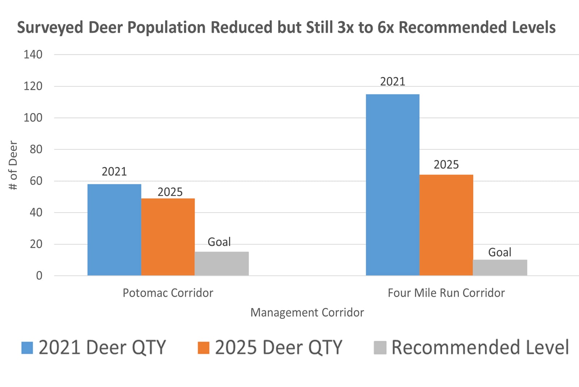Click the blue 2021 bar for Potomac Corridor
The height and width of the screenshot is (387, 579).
(x=114, y=230)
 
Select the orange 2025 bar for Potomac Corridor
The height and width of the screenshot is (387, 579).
(x=168, y=237)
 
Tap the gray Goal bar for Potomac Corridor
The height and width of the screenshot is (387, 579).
(x=221, y=263)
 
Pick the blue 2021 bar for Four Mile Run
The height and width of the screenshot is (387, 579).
(x=393, y=185)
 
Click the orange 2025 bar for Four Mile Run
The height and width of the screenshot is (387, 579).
(x=446, y=225)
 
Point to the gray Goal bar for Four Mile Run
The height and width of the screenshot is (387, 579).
(x=500, y=267)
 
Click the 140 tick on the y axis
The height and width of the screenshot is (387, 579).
(x=33, y=55)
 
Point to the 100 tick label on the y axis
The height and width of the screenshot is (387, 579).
(x=33, y=118)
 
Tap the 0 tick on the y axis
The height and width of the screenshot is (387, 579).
(x=39, y=276)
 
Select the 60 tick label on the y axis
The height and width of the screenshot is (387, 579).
(x=36, y=181)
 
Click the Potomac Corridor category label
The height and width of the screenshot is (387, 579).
(x=168, y=293)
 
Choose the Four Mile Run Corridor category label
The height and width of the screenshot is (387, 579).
(x=446, y=293)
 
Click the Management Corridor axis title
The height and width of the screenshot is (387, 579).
(x=307, y=312)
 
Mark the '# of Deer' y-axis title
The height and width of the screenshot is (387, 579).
(x=13, y=165)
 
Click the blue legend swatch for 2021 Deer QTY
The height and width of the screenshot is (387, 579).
(x=27, y=348)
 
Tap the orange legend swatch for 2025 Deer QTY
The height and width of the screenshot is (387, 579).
(x=203, y=348)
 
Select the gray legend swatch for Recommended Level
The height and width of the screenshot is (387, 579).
(x=380, y=348)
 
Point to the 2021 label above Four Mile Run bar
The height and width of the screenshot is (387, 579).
(x=393, y=82)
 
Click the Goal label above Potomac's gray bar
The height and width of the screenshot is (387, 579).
(x=219, y=242)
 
